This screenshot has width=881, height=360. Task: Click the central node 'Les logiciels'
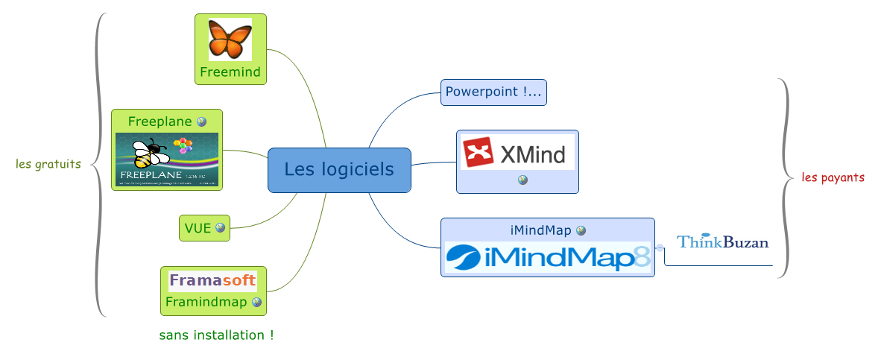(x=339, y=170)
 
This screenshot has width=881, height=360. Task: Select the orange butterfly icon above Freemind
(x=230, y=40)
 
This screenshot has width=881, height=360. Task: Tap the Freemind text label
(x=230, y=72)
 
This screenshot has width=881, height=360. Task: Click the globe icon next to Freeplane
(x=201, y=121)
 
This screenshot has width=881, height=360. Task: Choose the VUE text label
(x=198, y=228)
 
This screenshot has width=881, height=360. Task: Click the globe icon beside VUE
(x=220, y=228)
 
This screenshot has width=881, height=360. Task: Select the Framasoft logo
(x=212, y=281)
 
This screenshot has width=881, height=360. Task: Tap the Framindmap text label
(x=206, y=303)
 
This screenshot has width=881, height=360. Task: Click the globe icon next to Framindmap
(x=256, y=303)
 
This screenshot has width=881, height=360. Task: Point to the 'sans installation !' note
(x=216, y=335)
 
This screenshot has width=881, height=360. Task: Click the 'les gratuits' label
(x=48, y=164)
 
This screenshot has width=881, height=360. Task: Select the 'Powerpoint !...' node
(x=493, y=92)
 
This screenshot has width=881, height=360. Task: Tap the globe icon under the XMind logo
(x=522, y=180)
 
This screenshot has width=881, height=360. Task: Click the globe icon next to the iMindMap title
(x=581, y=231)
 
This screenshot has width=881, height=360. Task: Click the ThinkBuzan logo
(x=722, y=241)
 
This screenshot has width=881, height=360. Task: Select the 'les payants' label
(x=833, y=177)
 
